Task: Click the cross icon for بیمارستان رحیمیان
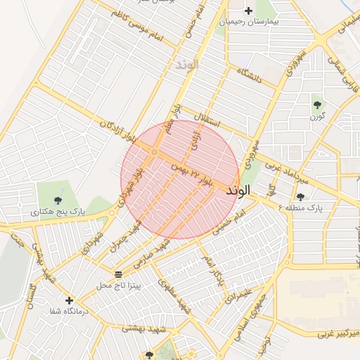pos(247,11)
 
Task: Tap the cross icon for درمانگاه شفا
pos(69,300)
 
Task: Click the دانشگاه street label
pos(250,76)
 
